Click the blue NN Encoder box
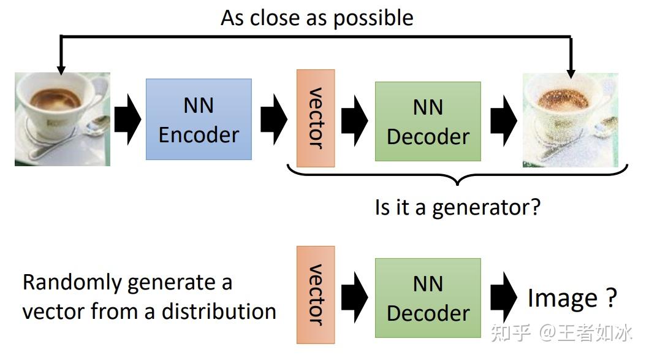click(199, 119)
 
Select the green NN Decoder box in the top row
click(427, 121)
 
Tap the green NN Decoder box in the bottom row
click(427, 298)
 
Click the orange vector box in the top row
click(316, 118)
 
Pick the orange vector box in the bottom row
click(316, 295)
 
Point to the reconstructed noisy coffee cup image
click(570, 120)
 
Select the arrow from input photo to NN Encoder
click(127, 119)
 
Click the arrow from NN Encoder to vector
click(273, 119)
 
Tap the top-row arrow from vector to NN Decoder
click(354, 119)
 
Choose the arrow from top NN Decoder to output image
click(502, 119)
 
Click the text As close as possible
click(317, 18)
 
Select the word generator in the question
click(486, 208)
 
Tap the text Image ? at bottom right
click(571, 297)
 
